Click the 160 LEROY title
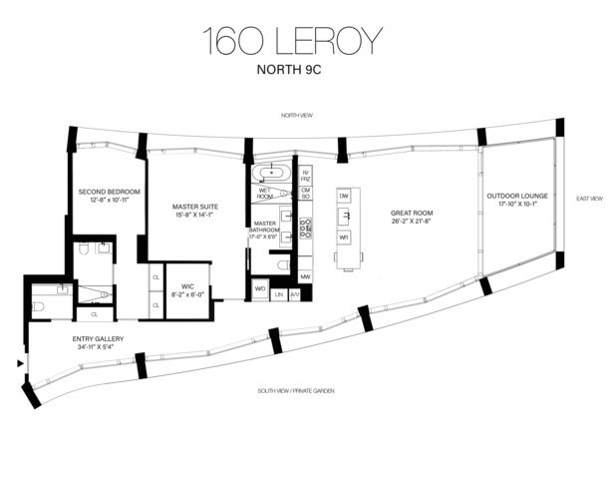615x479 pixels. pyautogui.click(x=292, y=41)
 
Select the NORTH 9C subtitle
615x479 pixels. pyautogui.click(x=292, y=72)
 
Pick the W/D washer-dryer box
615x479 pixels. pyautogui.click(x=261, y=292)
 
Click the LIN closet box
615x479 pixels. pyautogui.click(x=279, y=293)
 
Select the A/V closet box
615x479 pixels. pyautogui.click(x=294, y=293)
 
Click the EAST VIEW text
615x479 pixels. pyautogui.click(x=589, y=199)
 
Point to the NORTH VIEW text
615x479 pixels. pyautogui.click(x=296, y=117)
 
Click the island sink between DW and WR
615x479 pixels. pyautogui.click(x=344, y=218)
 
